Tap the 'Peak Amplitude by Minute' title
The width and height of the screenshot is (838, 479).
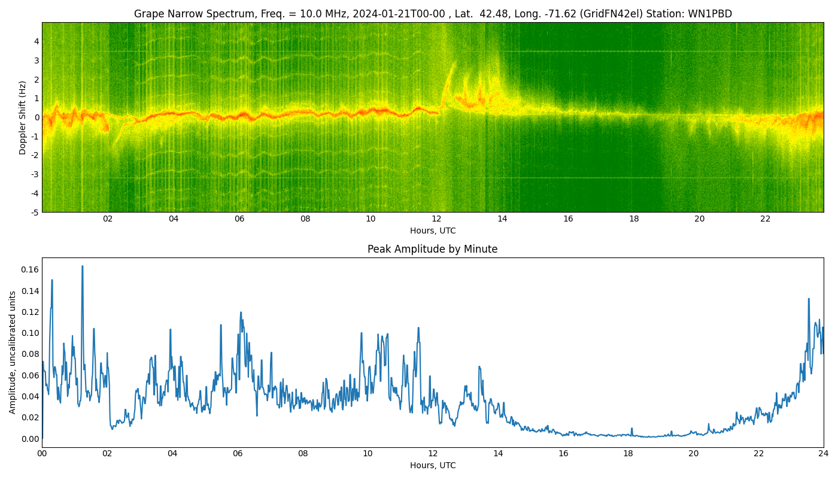[432, 249]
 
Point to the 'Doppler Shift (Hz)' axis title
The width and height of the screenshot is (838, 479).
[23, 117]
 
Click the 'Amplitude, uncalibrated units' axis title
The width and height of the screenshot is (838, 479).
[13, 352]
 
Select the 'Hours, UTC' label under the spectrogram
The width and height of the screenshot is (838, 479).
[432, 231]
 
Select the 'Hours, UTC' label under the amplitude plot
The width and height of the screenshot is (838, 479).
[432, 465]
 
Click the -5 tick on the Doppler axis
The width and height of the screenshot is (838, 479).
[35, 212]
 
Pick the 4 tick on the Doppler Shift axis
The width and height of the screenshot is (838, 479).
[37, 41]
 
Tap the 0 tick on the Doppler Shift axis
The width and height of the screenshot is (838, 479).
[37, 117]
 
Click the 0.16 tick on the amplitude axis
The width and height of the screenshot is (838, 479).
[29, 269]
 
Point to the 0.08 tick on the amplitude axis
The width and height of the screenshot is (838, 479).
[29, 354]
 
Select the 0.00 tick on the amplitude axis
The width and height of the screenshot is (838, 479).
[29, 439]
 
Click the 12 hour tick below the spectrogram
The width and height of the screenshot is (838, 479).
[436, 219]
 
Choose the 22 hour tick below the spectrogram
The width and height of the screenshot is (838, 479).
[765, 219]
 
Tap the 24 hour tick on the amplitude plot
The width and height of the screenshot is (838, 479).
[824, 453]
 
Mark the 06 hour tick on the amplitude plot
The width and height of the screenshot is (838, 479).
[238, 453]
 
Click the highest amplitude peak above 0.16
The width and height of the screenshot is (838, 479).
[82, 266]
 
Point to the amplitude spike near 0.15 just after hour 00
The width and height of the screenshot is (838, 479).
[51, 280]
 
